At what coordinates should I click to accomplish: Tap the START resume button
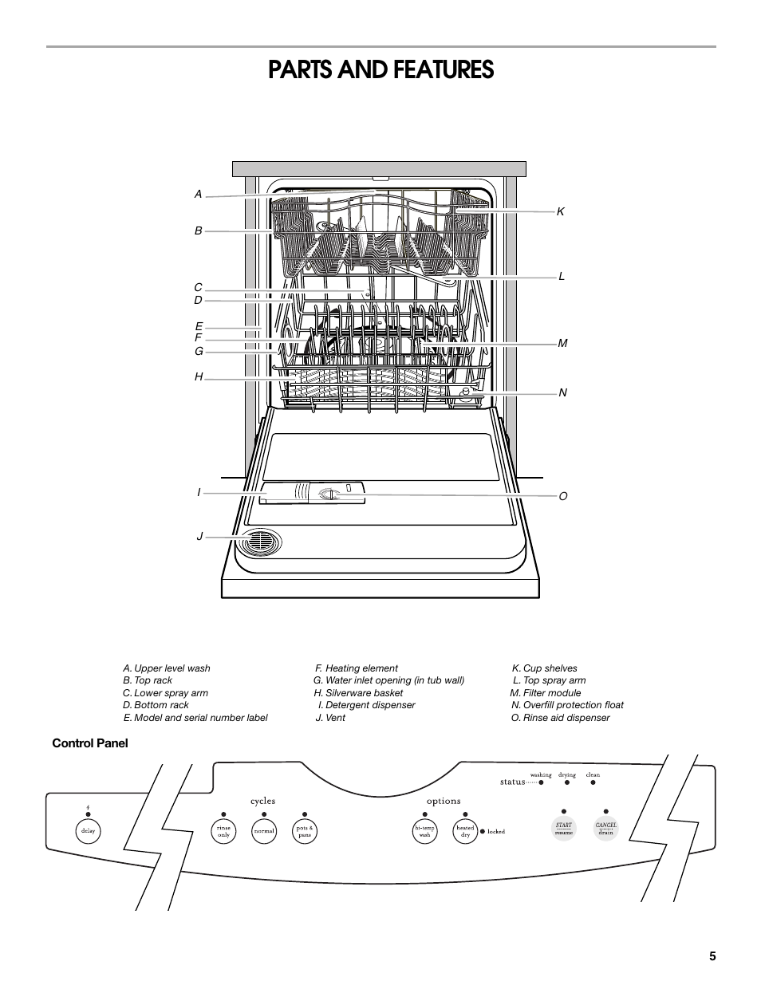[x=564, y=829]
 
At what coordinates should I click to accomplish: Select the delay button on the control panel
[x=88, y=830]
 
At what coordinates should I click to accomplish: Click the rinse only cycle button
[x=223, y=830]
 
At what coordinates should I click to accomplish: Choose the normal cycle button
[x=264, y=830]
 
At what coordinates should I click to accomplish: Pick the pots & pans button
[x=305, y=830]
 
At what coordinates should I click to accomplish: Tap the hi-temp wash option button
[x=424, y=830]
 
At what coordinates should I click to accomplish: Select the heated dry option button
[x=465, y=830]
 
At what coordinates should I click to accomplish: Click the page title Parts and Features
[x=380, y=70]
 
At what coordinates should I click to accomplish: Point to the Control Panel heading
[x=90, y=743]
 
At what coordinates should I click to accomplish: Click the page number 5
[x=712, y=957]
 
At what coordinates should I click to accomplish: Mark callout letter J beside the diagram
[x=200, y=537]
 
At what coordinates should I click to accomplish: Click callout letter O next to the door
[x=563, y=496]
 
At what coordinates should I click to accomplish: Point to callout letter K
[x=561, y=211]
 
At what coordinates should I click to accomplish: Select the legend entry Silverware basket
[x=358, y=693]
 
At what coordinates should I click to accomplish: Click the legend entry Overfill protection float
[x=567, y=705]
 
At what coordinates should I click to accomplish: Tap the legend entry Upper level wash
[x=167, y=668]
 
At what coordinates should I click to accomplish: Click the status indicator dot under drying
[x=567, y=782]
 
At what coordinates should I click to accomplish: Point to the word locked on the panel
[x=496, y=832]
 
